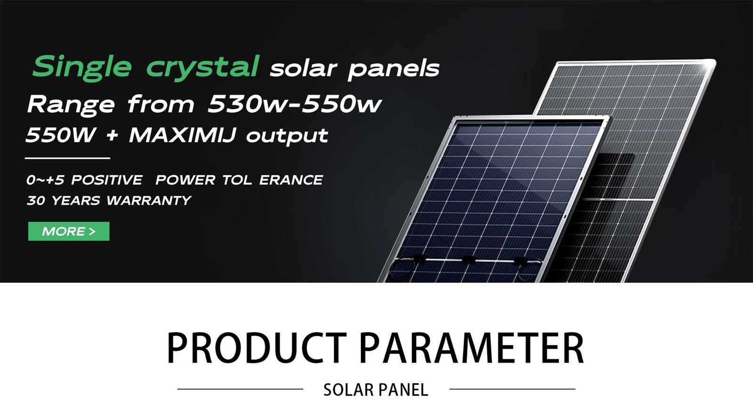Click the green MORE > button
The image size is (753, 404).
click(69, 231)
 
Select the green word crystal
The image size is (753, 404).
click(202, 68)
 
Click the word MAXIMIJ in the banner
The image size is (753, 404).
click(183, 135)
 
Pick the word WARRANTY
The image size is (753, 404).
click(149, 201)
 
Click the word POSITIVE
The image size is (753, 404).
click(107, 180)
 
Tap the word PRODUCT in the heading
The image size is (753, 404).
click(256, 347)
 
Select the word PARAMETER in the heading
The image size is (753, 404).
click(472, 347)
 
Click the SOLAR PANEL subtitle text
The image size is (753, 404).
click(376, 390)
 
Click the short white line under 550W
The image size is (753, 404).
click(68, 158)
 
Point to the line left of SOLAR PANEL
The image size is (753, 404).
click(240, 389)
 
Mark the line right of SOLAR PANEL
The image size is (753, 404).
click(513, 389)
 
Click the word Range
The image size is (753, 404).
click(71, 105)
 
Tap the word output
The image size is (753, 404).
click(287, 136)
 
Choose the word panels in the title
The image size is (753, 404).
click(393, 69)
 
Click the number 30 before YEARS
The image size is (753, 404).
click(36, 201)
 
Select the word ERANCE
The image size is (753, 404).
click(291, 180)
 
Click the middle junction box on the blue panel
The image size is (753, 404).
click(468, 259)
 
